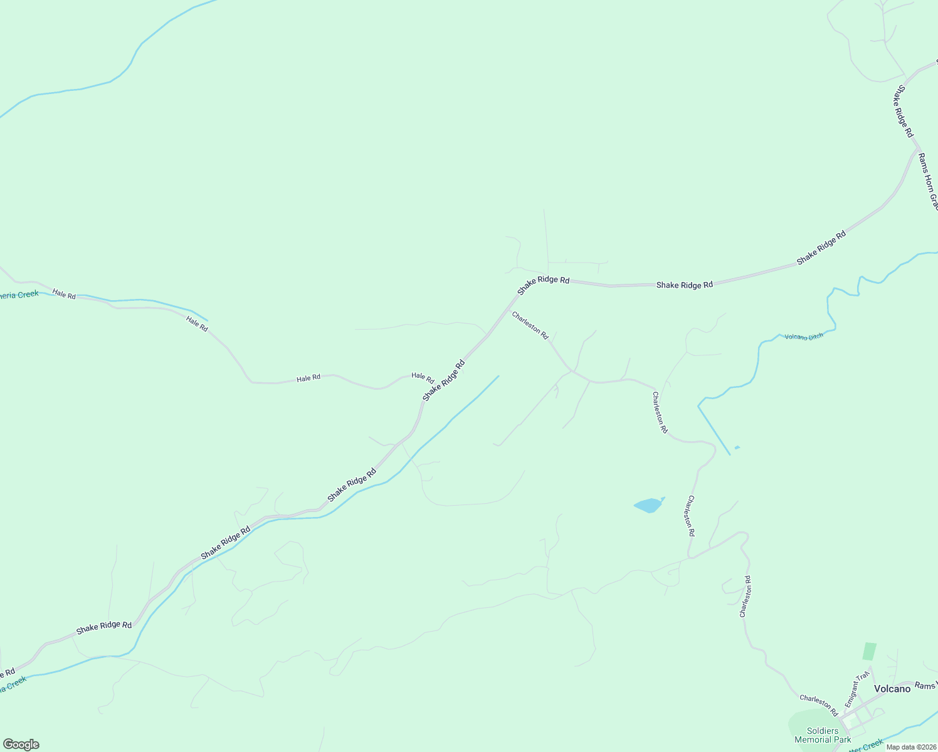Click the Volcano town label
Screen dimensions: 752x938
(892, 689)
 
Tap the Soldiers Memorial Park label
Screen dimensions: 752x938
(823, 735)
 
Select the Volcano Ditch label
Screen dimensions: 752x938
(804, 337)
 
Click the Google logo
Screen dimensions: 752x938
(21, 744)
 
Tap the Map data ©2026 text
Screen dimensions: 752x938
(910, 746)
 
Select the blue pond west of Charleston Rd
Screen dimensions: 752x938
(648, 505)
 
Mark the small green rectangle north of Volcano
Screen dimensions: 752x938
(869, 650)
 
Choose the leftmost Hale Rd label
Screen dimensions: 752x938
(64, 293)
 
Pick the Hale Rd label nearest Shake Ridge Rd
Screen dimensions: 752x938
(423, 378)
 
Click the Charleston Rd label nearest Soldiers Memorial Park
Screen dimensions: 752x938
(819, 705)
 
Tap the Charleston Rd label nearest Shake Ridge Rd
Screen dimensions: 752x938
(530, 325)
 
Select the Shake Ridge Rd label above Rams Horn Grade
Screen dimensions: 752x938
(902, 112)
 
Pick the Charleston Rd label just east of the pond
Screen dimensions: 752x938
(690, 516)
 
